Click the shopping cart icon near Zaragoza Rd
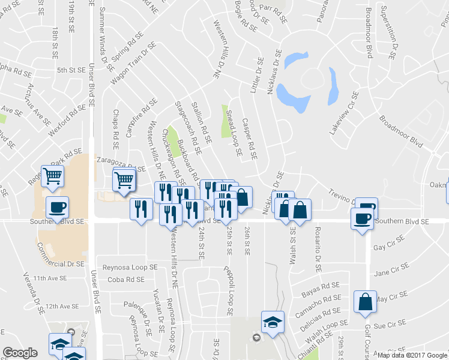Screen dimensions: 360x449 [x=124, y=178]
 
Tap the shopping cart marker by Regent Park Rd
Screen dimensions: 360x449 [x=52, y=175]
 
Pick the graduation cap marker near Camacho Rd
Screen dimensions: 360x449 [x=273, y=322]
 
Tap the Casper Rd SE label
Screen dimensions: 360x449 [x=250, y=139]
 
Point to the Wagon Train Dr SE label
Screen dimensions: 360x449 [x=133, y=64]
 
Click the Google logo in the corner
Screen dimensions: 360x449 [x=20, y=353]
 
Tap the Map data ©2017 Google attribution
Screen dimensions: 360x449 [x=412, y=355]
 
